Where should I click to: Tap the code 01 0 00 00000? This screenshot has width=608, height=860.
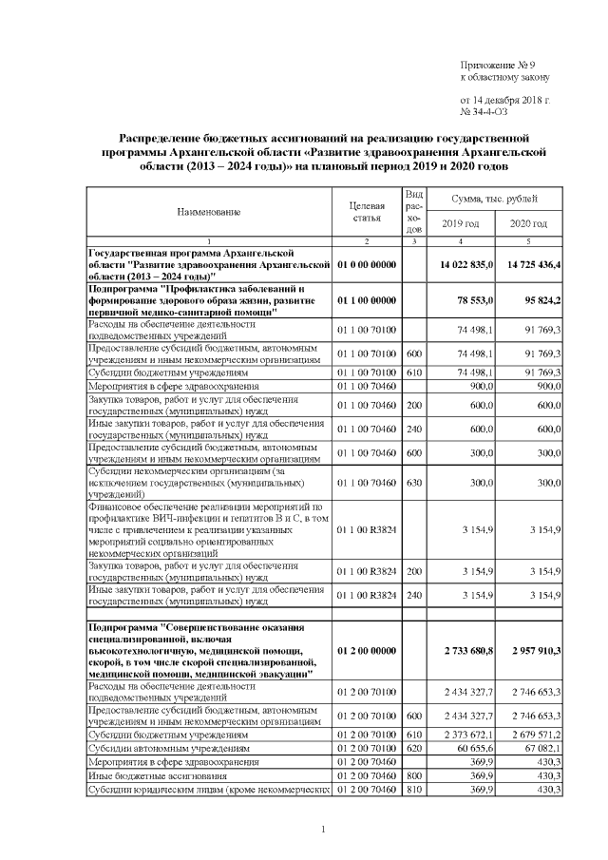367,263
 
